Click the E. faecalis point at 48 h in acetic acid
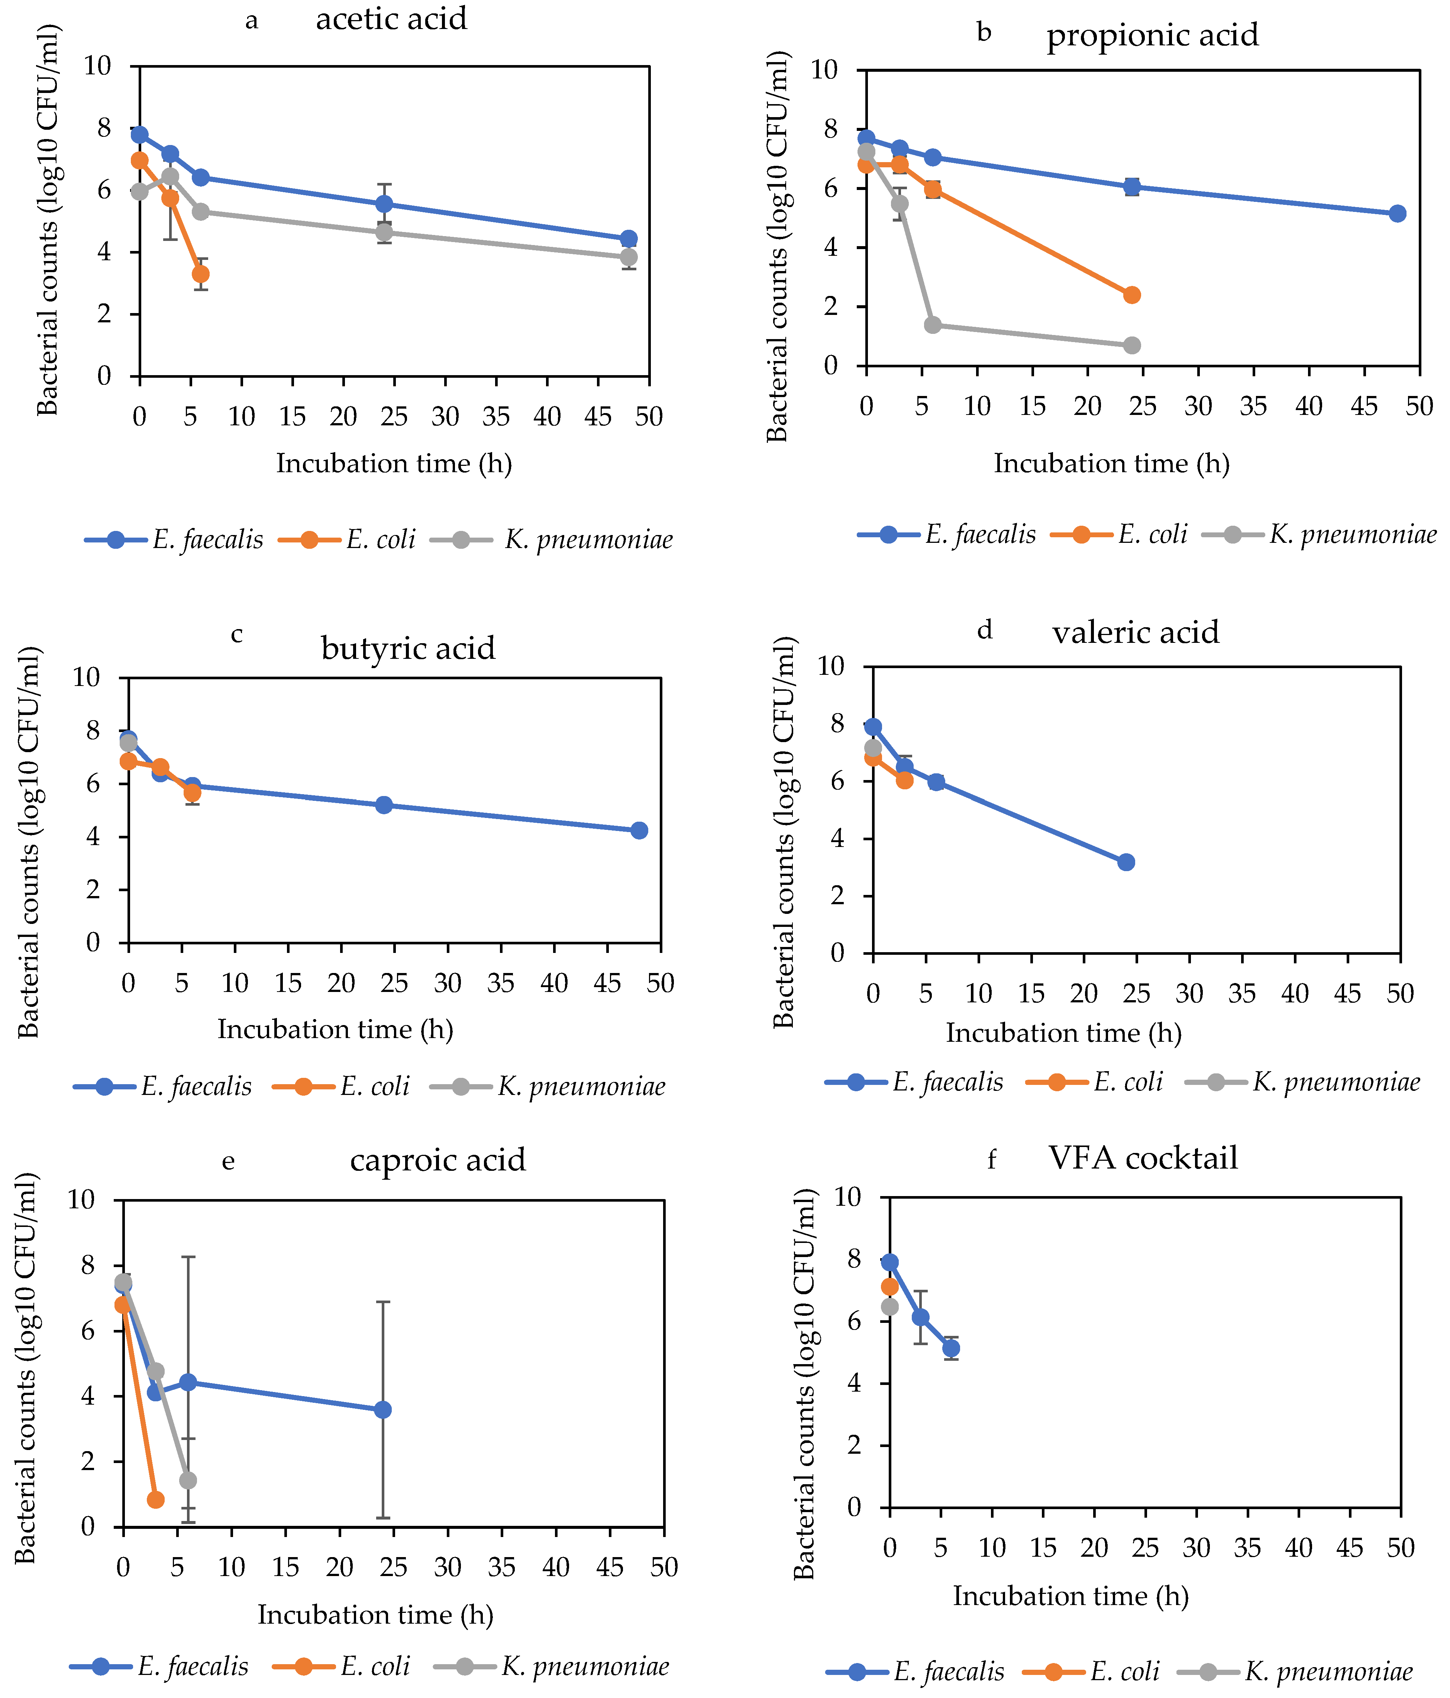pos(628,239)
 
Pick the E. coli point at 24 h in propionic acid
pos(1131,295)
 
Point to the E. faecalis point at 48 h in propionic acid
pos(1398,214)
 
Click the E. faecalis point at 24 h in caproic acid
pos(382,1409)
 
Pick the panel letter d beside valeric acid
pos(985,629)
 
